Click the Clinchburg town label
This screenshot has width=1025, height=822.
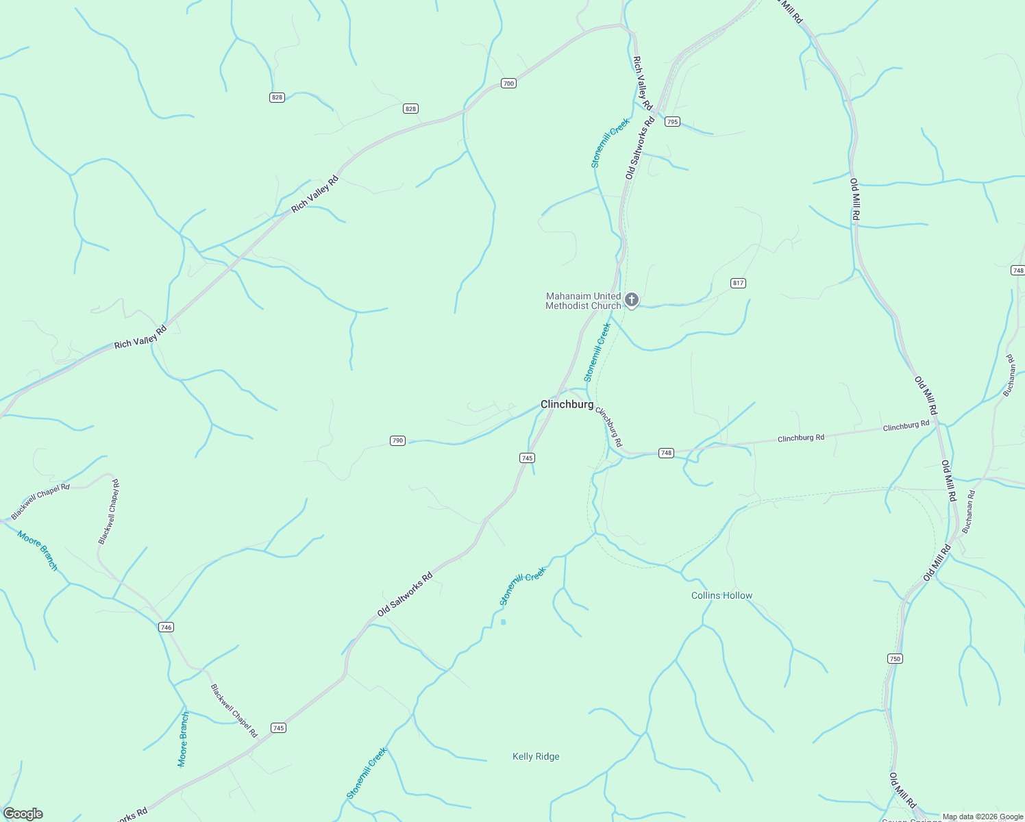point(567,404)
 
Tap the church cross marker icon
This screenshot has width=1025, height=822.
point(631,300)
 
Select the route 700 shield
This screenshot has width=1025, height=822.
point(508,84)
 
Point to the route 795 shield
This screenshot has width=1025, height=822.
point(672,122)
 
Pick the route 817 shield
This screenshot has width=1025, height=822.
point(738,283)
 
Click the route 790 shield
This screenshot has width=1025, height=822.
point(397,440)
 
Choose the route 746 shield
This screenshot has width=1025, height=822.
point(166,627)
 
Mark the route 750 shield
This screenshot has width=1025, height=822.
point(895,658)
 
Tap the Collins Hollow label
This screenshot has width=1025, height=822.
point(721,595)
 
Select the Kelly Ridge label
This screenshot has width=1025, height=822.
point(536,756)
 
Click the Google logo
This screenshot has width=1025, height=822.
point(23,814)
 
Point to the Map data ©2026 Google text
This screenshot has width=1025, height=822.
point(983,817)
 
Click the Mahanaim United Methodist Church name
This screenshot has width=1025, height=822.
point(583,301)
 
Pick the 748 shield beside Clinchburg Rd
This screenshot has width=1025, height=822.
point(666,453)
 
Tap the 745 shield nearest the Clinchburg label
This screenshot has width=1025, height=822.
point(527,458)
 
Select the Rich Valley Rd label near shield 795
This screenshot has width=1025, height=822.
point(643,83)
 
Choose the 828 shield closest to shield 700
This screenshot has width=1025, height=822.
point(410,108)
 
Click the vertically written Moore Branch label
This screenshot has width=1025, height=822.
point(183,739)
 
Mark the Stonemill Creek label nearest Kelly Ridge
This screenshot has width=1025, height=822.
point(367,773)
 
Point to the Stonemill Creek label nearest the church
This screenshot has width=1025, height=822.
point(597,352)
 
